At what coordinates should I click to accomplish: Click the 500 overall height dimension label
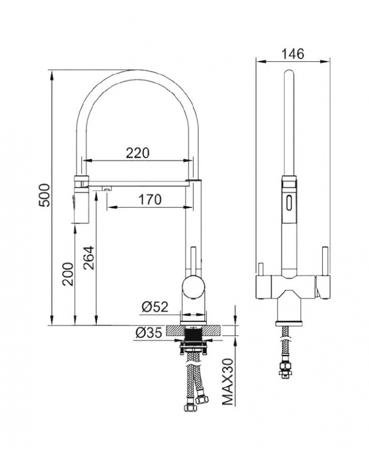(x=45, y=195)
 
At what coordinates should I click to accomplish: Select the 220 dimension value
(x=138, y=153)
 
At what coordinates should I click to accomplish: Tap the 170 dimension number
(x=150, y=200)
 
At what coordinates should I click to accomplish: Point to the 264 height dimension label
(x=88, y=258)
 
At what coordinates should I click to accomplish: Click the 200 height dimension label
(x=68, y=274)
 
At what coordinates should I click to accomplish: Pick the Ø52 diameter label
(x=155, y=307)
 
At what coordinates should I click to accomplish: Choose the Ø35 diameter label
(x=149, y=333)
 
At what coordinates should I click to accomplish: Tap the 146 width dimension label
(x=293, y=54)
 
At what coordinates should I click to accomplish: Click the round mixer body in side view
(x=193, y=287)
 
